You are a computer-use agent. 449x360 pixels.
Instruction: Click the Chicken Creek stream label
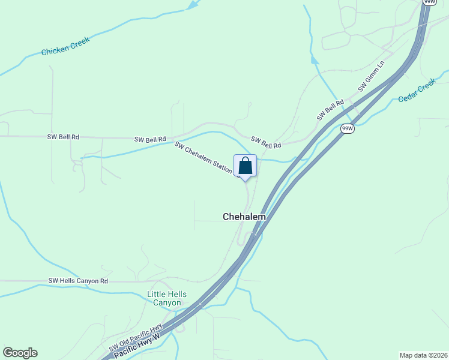(x=65, y=46)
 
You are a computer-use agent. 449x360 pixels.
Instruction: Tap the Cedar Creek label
(x=416, y=92)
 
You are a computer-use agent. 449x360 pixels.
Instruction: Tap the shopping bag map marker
(x=246, y=166)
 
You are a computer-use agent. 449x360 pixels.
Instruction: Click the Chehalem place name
(x=244, y=217)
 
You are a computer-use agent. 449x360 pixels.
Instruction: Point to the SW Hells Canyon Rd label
(x=78, y=281)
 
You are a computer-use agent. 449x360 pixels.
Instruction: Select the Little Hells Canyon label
(x=167, y=298)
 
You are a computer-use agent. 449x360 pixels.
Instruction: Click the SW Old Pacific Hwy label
(x=136, y=338)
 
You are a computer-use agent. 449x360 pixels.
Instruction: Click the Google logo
(x=20, y=353)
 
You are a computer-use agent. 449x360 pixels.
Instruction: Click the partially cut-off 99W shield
(x=429, y=2)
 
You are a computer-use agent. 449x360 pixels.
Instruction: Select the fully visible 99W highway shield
(x=347, y=128)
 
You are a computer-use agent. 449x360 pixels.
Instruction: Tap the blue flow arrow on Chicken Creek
(x=192, y=5)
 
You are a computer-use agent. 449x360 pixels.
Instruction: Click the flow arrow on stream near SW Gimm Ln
(x=314, y=60)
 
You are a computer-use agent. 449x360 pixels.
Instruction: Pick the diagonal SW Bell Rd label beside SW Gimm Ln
(x=330, y=110)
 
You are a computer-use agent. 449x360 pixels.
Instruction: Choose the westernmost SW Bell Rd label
(x=63, y=137)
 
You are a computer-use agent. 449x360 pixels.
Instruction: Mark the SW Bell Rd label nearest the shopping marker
(x=266, y=143)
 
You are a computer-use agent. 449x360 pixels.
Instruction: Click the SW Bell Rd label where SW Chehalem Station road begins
(x=149, y=139)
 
